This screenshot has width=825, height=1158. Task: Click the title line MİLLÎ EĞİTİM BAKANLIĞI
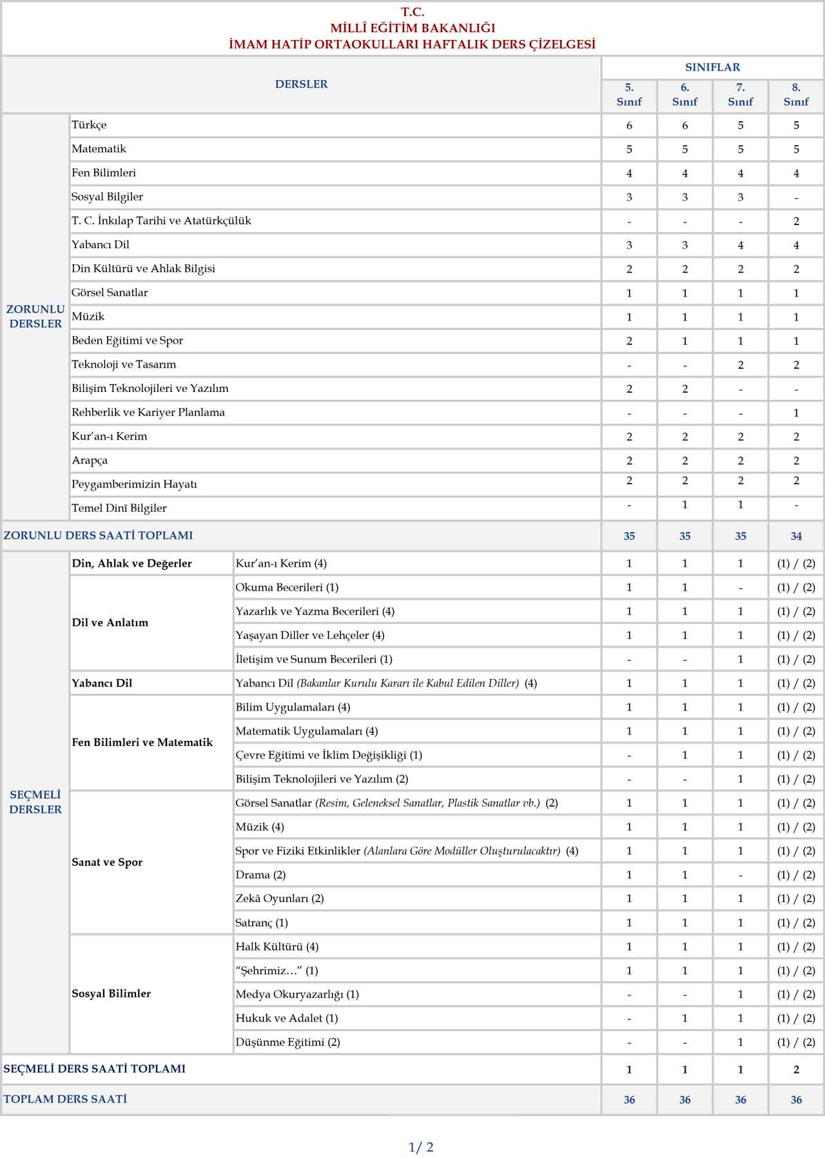click(412, 28)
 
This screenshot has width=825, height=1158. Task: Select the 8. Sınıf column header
click(796, 95)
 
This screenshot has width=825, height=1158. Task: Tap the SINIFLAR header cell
click(712, 67)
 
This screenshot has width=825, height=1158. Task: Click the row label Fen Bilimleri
click(104, 173)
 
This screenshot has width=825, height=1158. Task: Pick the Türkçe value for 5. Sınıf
click(629, 126)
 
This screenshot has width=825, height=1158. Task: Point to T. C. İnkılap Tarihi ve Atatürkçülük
click(161, 221)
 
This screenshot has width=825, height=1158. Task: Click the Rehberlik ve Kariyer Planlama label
click(148, 413)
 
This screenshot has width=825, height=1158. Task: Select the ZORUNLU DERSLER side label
click(35, 317)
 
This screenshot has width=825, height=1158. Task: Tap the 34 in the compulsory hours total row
click(796, 536)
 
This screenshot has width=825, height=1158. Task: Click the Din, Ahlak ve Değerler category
click(132, 564)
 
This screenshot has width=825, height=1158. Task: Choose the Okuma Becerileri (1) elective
click(287, 587)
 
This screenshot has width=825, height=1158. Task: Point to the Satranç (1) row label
click(262, 923)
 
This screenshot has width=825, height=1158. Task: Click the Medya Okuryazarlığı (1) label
click(297, 994)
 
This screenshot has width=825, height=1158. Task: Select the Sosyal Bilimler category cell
click(112, 994)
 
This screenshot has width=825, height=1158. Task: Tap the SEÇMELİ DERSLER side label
click(35, 802)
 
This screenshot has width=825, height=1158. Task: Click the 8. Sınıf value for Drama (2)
click(796, 875)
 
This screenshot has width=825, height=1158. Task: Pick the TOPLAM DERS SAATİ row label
click(65, 1099)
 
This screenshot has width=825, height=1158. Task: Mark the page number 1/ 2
click(421, 1147)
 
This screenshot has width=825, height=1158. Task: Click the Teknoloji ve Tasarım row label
click(124, 364)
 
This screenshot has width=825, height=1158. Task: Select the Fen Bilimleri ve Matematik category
click(142, 743)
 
